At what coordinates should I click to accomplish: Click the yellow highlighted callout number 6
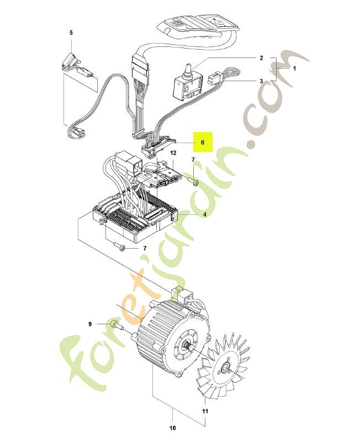coord(203,143)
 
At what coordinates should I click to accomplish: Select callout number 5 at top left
coord(71,33)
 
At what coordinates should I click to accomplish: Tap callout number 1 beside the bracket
coord(295,69)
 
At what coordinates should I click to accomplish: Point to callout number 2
coord(261,58)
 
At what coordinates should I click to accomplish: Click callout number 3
coord(261,81)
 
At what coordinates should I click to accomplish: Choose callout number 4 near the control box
coord(205,214)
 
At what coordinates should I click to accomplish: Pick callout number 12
coord(173,153)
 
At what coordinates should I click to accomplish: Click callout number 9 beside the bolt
coord(90,324)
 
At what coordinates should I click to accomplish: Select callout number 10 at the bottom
coord(173,428)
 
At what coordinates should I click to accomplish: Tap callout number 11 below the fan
coord(205,411)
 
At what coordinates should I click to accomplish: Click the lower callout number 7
coord(145,248)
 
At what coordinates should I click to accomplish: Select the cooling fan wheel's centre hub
coord(225,367)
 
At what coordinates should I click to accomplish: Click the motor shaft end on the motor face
coord(187,345)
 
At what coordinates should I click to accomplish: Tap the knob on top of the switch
coord(187,71)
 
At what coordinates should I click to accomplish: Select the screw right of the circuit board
coord(193,181)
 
